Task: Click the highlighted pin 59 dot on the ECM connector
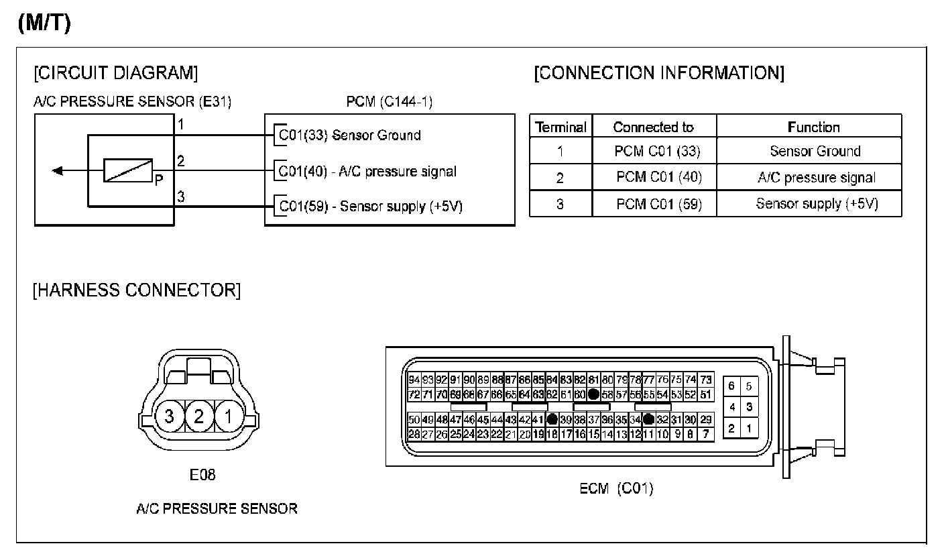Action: tap(593, 394)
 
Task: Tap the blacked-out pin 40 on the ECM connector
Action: tap(552, 420)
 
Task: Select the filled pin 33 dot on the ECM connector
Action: tap(648, 420)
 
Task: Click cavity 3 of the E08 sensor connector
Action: tap(169, 417)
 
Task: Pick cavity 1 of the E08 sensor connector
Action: tap(228, 417)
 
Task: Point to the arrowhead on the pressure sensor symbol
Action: tap(58, 170)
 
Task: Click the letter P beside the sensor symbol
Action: tap(158, 180)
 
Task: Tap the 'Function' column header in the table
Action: tap(813, 127)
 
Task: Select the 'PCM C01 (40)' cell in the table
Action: tap(658, 178)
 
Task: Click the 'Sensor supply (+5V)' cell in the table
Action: tap(817, 204)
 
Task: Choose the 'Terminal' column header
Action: tap(561, 127)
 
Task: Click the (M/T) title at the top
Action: tap(44, 22)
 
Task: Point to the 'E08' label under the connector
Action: tap(202, 476)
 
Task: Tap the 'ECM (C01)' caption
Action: tap(615, 488)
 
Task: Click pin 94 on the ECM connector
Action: tap(414, 380)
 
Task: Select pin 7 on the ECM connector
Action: tap(705, 434)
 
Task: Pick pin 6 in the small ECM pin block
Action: tap(731, 386)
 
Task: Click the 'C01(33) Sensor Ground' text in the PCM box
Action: tap(349, 135)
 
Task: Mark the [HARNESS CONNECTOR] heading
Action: tap(137, 290)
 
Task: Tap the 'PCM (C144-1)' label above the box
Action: tap(389, 102)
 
